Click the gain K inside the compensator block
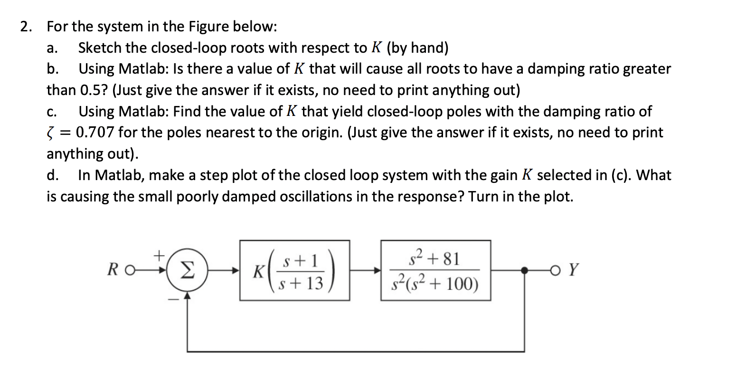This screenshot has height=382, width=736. coord(259,272)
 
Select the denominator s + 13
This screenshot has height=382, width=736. coord(302,284)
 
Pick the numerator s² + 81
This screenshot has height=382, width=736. coord(435,259)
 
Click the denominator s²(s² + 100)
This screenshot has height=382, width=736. coord(435,284)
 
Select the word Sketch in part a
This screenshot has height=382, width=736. coord(99,48)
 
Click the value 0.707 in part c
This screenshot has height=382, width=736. coord(94,132)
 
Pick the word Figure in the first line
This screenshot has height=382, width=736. coord(209,27)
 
